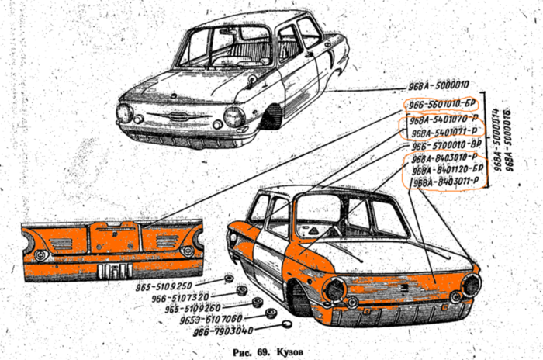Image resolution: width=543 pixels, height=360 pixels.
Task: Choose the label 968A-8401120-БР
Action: (x=448, y=171)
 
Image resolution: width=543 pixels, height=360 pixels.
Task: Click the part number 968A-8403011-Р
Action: (x=445, y=182)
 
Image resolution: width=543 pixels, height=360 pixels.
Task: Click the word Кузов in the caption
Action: (x=287, y=351)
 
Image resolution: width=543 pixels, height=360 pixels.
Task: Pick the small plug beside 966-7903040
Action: (x=285, y=325)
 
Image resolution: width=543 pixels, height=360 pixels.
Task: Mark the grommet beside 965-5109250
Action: (x=229, y=279)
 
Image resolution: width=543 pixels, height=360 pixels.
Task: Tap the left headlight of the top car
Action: (x=124, y=113)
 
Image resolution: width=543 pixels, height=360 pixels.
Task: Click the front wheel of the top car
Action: (x=271, y=117)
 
